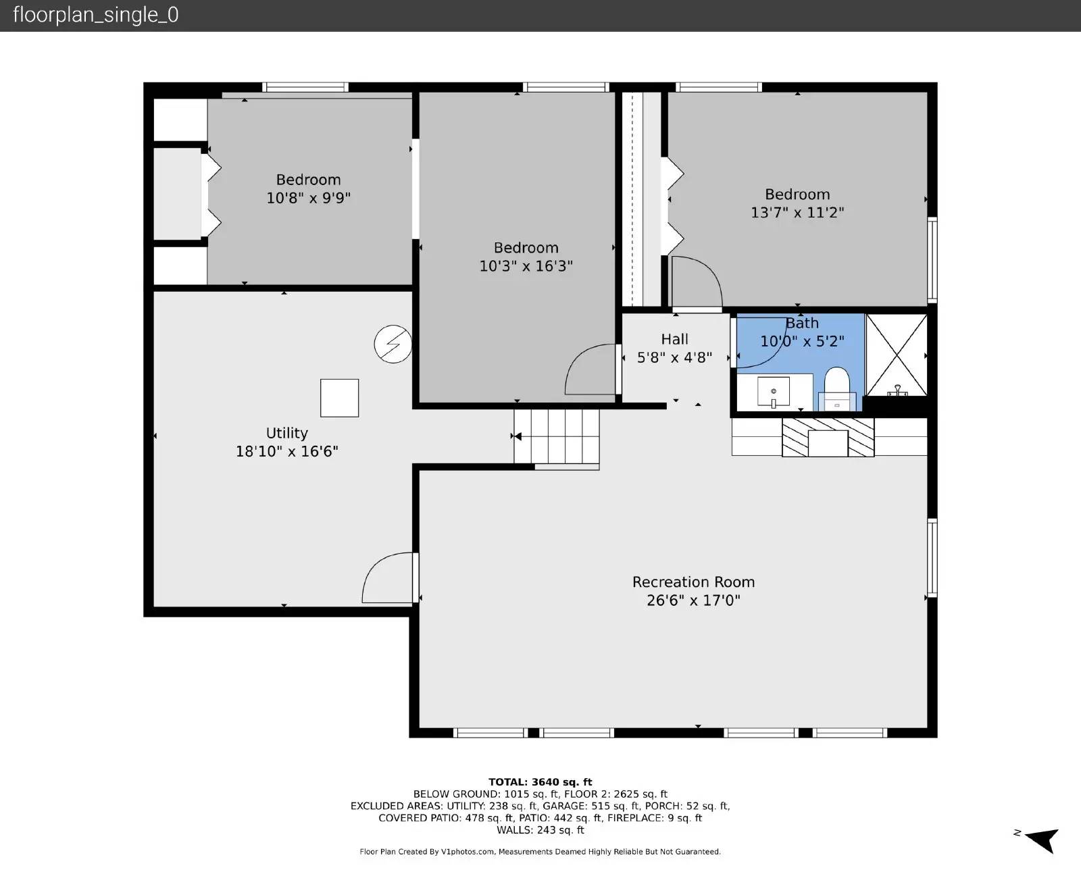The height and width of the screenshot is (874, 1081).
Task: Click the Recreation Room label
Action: [693, 582]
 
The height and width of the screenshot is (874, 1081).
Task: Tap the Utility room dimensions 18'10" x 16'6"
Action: [286, 451]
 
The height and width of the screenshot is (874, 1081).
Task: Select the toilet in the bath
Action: [837, 388]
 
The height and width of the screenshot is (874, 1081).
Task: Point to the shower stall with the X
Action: [897, 355]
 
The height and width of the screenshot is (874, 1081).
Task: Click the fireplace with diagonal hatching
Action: [828, 437]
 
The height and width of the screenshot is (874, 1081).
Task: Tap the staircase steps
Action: [557, 437]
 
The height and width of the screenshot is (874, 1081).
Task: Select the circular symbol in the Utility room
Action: [393, 344]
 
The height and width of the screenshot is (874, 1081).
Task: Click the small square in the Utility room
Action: [340, 399]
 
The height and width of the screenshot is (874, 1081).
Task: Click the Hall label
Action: [674, 339]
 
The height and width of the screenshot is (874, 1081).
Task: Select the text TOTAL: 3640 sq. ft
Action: [540, 781]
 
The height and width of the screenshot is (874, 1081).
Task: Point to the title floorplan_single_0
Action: [96, 15]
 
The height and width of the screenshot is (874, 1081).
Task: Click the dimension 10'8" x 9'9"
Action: [309, 198]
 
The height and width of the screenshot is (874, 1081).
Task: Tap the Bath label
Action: [803, 323]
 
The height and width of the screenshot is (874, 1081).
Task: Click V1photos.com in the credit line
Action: [467, 852]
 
